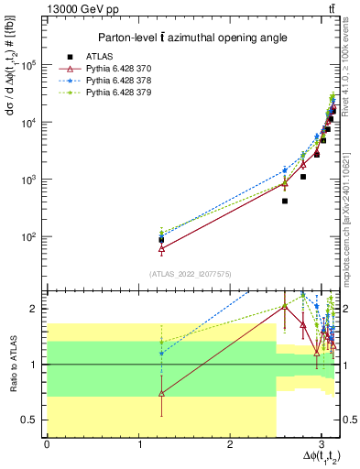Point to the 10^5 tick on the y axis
tap(35, 65)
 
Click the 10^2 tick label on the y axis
tap(35, 236)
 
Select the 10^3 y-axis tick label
tap(35, 180)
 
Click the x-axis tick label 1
tap(138, 445)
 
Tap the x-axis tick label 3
tap(322, 445)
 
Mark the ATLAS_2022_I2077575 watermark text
tap(191, 274)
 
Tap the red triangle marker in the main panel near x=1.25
tap(161, 248)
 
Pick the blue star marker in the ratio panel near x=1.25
tap(161, 353)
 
